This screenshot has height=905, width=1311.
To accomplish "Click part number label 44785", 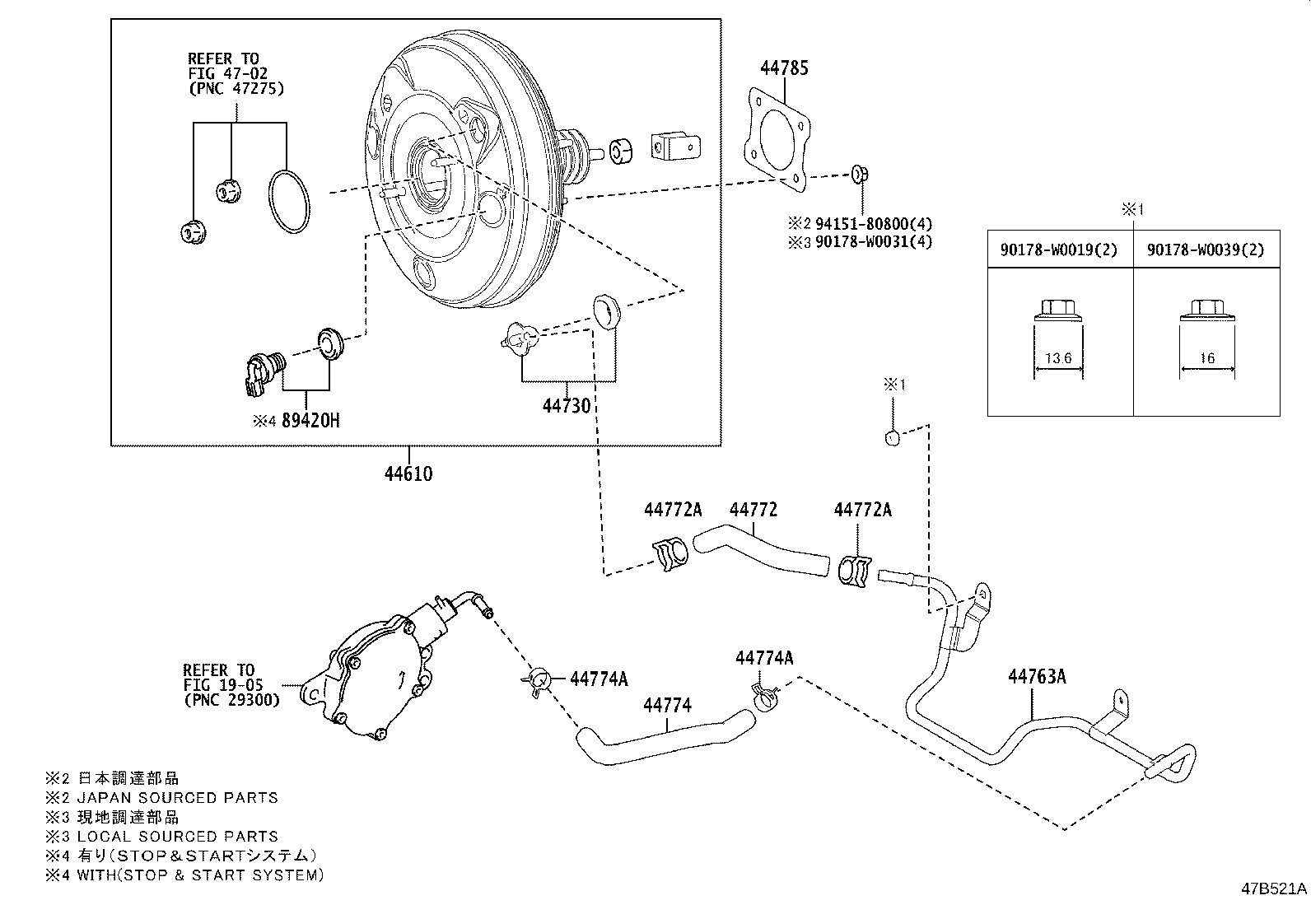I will coord(783,68).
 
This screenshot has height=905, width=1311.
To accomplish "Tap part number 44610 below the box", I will coord(408,474).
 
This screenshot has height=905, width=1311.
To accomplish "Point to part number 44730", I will coord(567,406).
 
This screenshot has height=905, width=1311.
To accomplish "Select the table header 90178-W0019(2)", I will coord(1059,250).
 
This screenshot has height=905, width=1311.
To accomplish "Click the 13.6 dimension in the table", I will coord(1058,358).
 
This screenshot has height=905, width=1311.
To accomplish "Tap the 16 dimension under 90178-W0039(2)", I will coord(1206,358).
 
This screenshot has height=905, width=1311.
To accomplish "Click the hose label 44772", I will coord(753,511).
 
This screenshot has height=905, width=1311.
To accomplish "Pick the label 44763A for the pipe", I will coord(1037,677).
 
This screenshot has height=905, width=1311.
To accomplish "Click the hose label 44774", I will coord(667,706).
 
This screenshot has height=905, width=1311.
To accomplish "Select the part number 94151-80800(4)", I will coord(874,223).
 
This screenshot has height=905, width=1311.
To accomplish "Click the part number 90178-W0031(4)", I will coord(874,242).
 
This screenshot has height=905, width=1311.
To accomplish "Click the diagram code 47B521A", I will coord(1274,889).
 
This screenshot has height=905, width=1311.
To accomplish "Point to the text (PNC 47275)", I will coord(236,89).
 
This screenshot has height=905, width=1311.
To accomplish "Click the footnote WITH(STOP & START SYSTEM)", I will coord(200,875).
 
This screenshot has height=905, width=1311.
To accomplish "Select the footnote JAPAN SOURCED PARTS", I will coord(177,797).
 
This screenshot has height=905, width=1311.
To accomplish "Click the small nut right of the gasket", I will coord(859,173).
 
